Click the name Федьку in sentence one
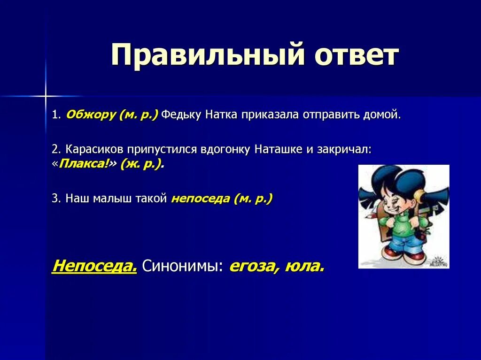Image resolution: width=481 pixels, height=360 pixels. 181,115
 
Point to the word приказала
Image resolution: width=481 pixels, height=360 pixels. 270,115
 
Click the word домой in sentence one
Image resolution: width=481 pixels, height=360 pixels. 382,115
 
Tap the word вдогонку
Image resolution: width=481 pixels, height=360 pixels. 225,150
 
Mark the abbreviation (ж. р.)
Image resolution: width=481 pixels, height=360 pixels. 141,164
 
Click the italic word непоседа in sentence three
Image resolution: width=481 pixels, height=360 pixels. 200,199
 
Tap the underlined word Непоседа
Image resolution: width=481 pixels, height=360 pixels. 94,265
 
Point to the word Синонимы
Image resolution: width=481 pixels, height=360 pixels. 182,266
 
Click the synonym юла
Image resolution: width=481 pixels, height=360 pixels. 304,266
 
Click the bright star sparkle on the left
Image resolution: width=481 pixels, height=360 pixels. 46,96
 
